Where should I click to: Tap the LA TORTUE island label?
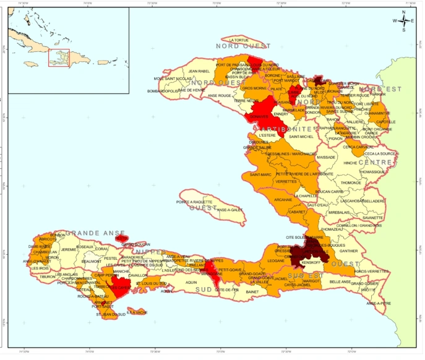[x=239, y=40]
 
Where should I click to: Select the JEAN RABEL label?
[x=199, y=71]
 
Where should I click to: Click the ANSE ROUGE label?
[x=220, y=95]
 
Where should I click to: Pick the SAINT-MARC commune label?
[x=260, y=174]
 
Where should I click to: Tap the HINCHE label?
[x=350, y=163]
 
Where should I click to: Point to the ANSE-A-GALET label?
[x=230, y=210]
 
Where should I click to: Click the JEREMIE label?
[x=69, y=249]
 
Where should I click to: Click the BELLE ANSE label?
[x=340, y=281]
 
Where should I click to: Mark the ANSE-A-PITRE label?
[x=379, y=303]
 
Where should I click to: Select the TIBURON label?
[x=47, y=276]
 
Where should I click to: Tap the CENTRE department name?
[x=376, y=163]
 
